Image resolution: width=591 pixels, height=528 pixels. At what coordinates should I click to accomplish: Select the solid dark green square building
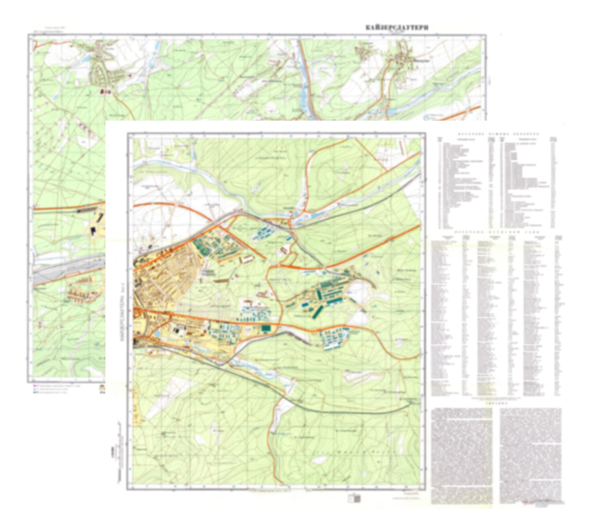[x=266, y=328]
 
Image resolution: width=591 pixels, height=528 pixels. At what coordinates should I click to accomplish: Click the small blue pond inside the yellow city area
[x=156, y=334]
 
